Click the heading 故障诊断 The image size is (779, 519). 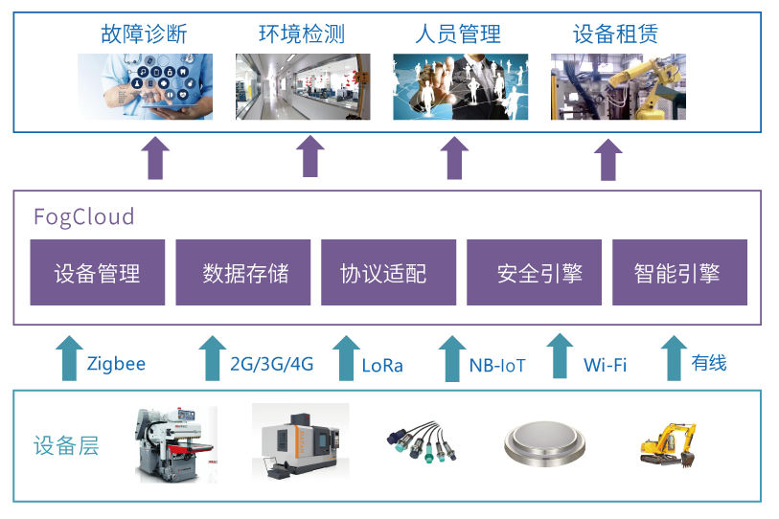(x=144, y=34)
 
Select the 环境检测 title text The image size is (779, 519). (x=301, y=34)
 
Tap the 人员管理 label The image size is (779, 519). (x=458, y=34)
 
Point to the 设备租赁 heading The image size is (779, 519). (x=615, y=34)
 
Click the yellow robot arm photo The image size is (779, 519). (x=618, y=87)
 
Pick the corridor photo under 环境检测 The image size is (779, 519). (x=303, y=87)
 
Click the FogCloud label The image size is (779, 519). (x=83, y=216)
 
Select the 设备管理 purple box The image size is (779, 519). (x=98, y=273)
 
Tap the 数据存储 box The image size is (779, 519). (x=243, y=273)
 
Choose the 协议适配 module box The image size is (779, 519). (x=383, y=273)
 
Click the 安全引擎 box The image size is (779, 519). (x=534, y=273)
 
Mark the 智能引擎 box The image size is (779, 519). (x=679, y=273)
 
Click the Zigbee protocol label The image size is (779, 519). (x=116, y=365)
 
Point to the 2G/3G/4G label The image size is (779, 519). (x=272, y=365)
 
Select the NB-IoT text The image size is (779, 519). (x=497, y=366)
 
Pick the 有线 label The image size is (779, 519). (x=709, y=363)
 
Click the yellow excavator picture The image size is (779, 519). (x=674, y=445)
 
